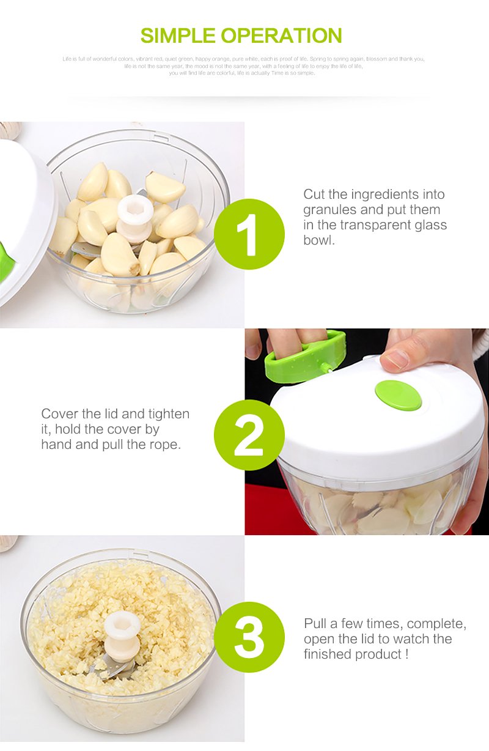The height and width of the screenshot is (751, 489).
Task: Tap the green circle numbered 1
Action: point(249,234)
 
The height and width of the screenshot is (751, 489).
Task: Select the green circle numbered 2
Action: point(249,435)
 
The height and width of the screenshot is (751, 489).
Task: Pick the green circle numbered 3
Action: point(249,637)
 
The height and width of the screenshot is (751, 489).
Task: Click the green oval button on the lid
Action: point(398,394)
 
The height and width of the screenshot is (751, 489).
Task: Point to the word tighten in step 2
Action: point(167,414)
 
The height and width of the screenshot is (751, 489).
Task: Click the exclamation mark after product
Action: point(406,654)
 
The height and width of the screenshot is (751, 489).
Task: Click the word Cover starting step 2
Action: point(59,414)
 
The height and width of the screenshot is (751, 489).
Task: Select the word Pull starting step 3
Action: point(315,624)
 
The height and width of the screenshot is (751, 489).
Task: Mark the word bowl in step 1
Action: point(319,240)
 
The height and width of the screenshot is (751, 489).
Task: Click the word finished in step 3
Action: point(328,654)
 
